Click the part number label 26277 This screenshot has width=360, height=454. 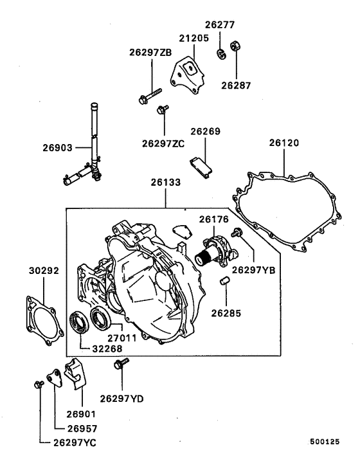pos(221,25)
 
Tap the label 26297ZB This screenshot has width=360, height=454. pos(150,53)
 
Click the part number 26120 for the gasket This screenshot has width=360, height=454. pos(283,142)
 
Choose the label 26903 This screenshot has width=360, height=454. pos(57,147)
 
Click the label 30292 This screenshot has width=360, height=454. pos(44,271)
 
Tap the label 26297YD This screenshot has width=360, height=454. pos(122,399)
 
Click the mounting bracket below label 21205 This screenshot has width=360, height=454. pos(187,73)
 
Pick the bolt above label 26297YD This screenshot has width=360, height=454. pos(118,365)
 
